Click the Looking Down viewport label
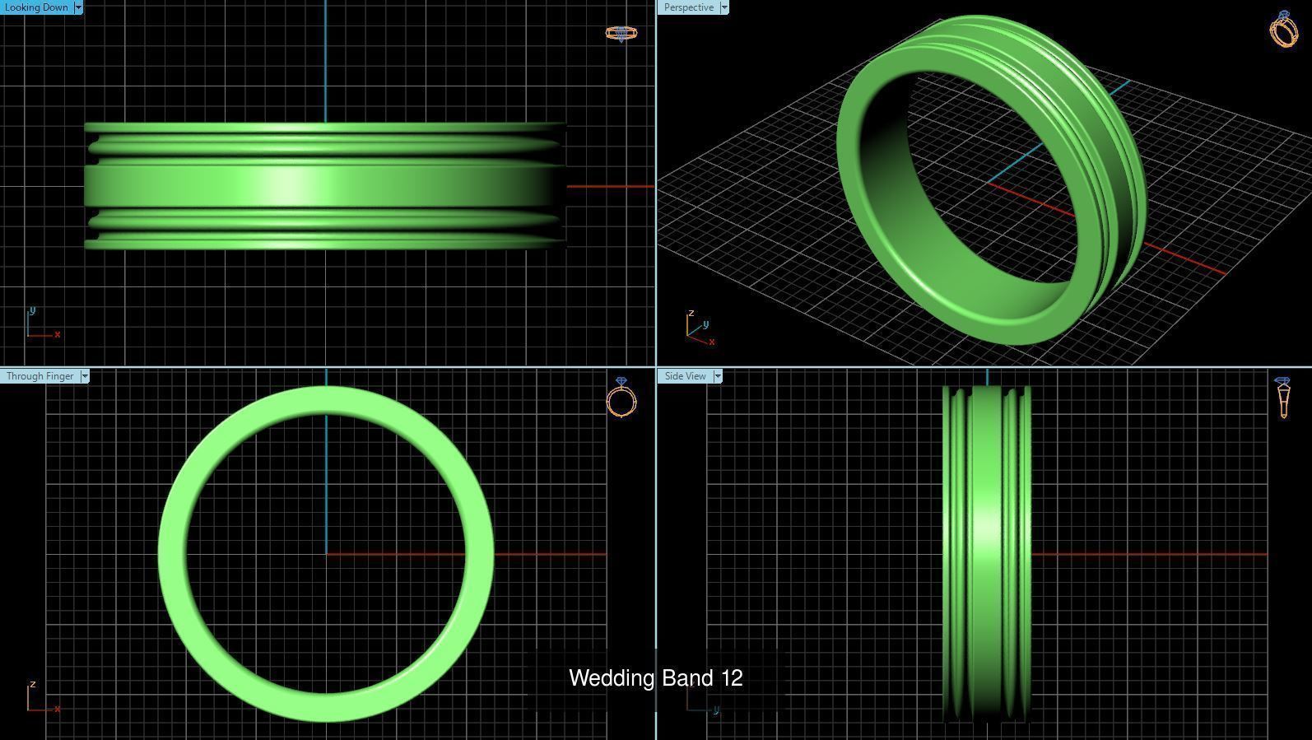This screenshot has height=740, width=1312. (36, 7)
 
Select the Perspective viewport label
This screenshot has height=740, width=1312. (688, 7)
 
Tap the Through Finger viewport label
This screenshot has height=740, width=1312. (40, 376)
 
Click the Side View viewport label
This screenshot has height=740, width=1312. (685, 376)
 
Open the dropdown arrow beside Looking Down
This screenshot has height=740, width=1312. (78, 7)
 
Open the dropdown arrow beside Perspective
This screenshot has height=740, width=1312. (724, 7)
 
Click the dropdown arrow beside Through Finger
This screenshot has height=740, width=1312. (85, 376)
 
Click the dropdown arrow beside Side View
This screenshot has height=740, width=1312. (718, 376)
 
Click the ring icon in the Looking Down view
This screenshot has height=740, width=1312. (621, 34)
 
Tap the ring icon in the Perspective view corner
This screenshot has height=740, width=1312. (1283, 30)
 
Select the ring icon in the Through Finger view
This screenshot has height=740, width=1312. (621, 398)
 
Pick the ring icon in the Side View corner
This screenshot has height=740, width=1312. (1282, 398)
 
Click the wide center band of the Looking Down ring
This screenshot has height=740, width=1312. (324, 186)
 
